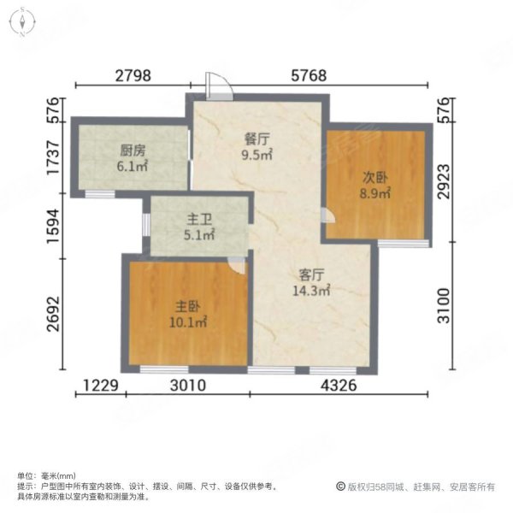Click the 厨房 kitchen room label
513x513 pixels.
click(x=133, y=155)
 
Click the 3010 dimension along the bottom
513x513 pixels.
click(x=187, y=386)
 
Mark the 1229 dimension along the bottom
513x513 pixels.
click(x=100, y=386)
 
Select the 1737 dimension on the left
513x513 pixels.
click(x=53, y=161)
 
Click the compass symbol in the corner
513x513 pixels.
click(x=21, y=23)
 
